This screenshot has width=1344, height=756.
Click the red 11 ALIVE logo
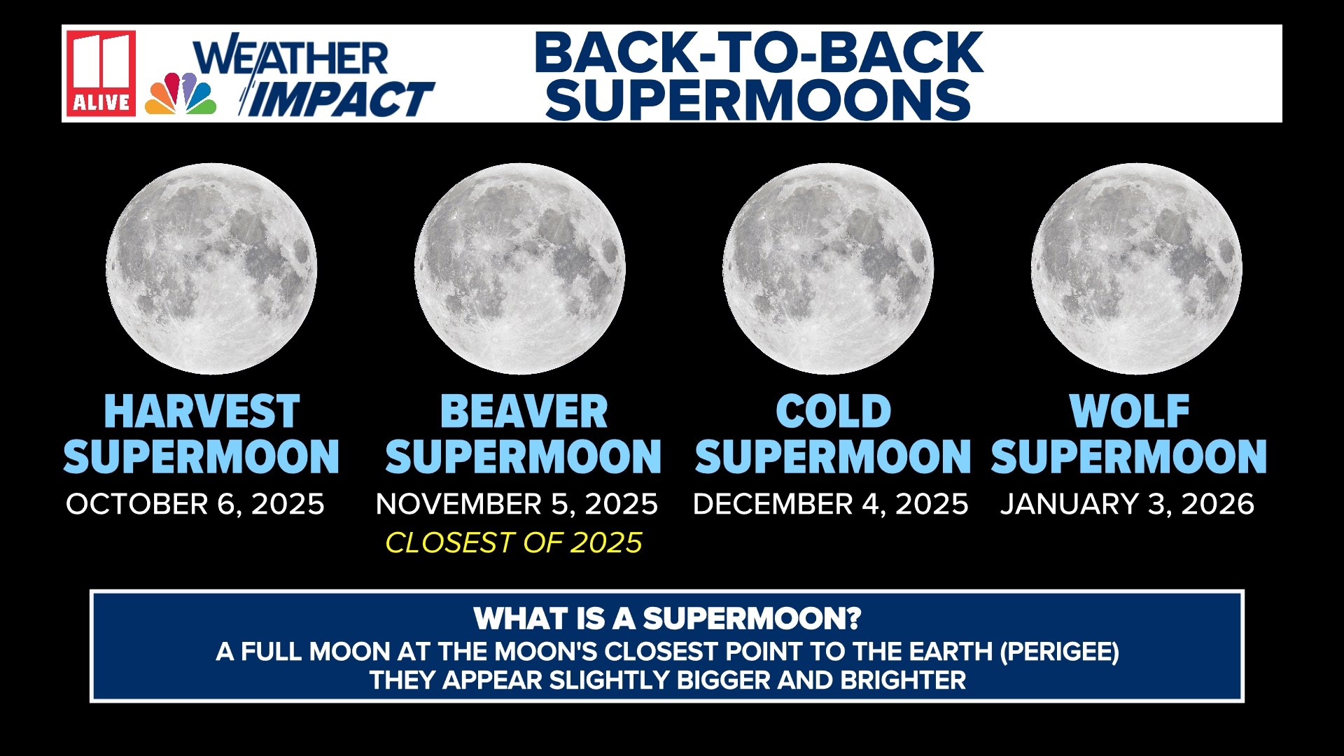[x=101, y=73]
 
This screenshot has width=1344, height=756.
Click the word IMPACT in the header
[x=342, y=99]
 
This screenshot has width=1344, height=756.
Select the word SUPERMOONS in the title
[x=758, y=99]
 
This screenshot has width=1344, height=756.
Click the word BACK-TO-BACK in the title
[x=759, y=53]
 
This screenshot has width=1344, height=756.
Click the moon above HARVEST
[x=211, y=269]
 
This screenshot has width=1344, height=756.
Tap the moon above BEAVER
[x=519, y=269]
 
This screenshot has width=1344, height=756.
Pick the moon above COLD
[x=828, y=269]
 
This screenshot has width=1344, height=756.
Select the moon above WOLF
[x=1136, y=269]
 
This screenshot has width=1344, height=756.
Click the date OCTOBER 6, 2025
[x=195, y=504]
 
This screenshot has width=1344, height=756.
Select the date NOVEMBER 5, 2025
[x=517, y=504]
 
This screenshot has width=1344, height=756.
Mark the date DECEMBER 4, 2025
[x=830, y=504]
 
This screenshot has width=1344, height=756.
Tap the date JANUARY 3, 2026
[x=1127, y=504]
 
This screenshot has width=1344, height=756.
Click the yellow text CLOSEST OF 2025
[x=514, y=543]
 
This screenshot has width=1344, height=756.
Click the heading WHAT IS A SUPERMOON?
[x=667, y=619]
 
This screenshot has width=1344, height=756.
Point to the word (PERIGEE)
[x=1059, y=652]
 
